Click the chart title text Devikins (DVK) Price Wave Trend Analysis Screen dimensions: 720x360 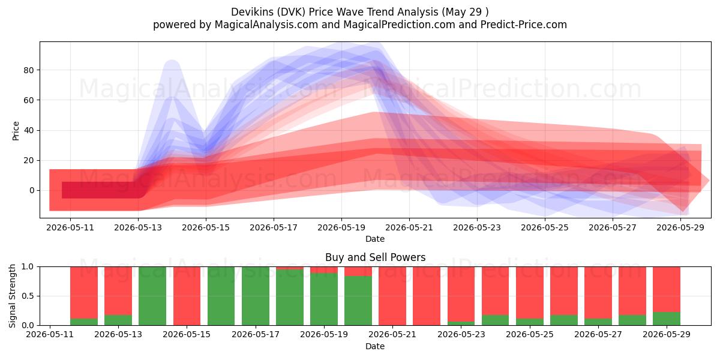click(x=335, y=12)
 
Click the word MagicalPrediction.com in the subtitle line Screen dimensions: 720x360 click(x=399, y=25)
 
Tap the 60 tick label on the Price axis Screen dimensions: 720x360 click(x=29, y=100)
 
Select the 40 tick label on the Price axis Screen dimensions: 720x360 click(x=29, y=131)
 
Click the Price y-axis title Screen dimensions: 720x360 click(x=16, y=131)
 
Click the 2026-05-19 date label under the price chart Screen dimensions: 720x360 click(x=341, y=227)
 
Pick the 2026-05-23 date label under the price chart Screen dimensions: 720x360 click(x=477, y=227)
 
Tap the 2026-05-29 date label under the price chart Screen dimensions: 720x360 click(x=680, y=227)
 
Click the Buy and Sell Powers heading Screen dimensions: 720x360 click(x=375, y=257)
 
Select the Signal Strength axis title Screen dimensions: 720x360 click(x=12, y=296)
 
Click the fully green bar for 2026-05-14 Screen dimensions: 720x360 click(x=152, y=296)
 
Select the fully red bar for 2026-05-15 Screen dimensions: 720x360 click(x=187, y=296)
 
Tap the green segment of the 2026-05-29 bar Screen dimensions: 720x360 click(x=667, y=319)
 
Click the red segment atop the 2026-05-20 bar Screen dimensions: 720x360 click(x=358, y=271)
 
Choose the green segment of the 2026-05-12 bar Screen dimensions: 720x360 click(x=84, y=322)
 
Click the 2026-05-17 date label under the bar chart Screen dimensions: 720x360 click(x=256, y=335)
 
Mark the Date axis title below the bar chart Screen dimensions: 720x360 click(x=375, y=346)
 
